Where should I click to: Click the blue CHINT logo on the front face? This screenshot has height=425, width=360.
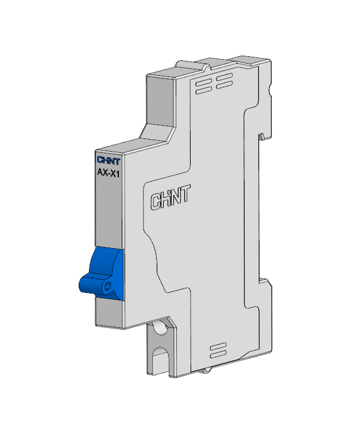pos(109,160)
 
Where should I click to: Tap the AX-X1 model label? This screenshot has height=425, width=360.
pos(109,173)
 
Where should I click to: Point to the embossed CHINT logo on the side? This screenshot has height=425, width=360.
pos(171,198)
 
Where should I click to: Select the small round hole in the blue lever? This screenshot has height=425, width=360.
pos(108,285)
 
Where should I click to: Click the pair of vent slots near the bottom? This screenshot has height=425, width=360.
pos(218,350)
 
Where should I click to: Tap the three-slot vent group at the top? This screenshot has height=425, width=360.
pos(204,86)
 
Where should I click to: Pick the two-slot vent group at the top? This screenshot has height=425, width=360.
pos(224,81)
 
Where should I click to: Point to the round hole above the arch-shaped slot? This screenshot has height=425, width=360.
pos(161,327)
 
